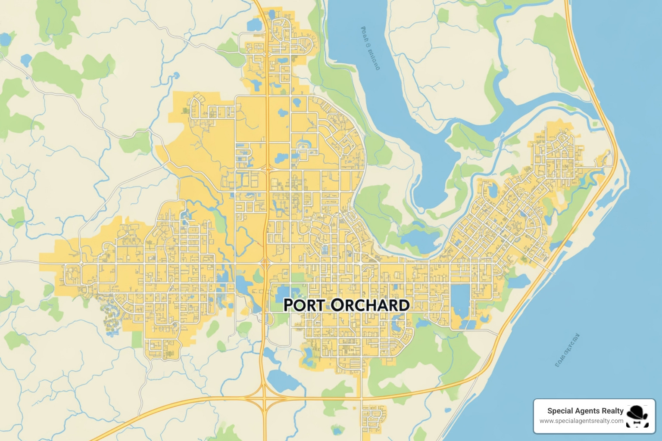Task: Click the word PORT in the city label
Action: click(x=304, y=305)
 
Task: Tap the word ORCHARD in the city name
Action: click(x=370, y=305)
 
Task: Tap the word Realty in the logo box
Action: click(x=614, y=411)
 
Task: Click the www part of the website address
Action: click(x=546, y=421)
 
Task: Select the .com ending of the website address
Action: click(x=617, y=421)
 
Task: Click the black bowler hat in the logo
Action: click(x=637, y=412)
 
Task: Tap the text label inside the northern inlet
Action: click(x=370, y=48)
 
